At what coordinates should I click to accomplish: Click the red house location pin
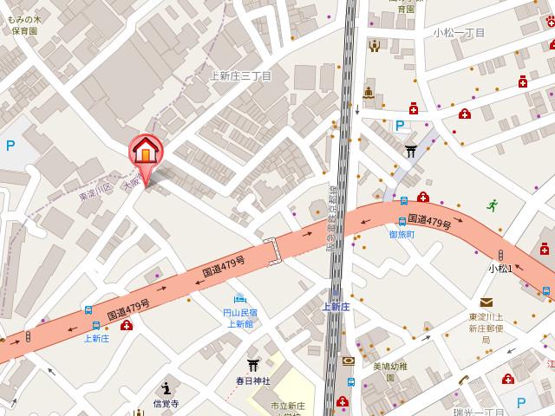coord(146,153)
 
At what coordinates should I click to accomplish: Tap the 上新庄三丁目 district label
coord(241,76)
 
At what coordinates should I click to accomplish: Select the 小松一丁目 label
coord(461,32)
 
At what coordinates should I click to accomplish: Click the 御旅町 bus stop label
coord(402,235)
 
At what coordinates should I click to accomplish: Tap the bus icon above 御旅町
coord(402,222)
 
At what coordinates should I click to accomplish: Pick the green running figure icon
coord(493,205)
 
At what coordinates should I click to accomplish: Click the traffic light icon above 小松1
coord(500,255)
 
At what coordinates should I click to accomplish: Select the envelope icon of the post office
coord(486,302)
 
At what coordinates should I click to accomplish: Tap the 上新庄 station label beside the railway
coord(336,306)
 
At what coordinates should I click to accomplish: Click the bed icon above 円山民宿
coord(239,299)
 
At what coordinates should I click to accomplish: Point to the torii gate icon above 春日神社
coord(253,365)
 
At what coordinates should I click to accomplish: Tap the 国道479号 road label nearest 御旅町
coord(429,223)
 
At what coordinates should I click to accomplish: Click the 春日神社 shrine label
coord(253,380)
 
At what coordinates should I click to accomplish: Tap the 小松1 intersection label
coord(499,269)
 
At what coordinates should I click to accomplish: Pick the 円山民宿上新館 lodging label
coord(239,318)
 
